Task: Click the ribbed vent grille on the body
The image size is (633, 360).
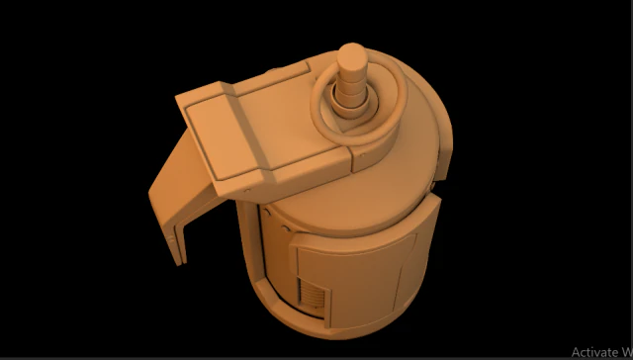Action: click(x=312, y=295)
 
